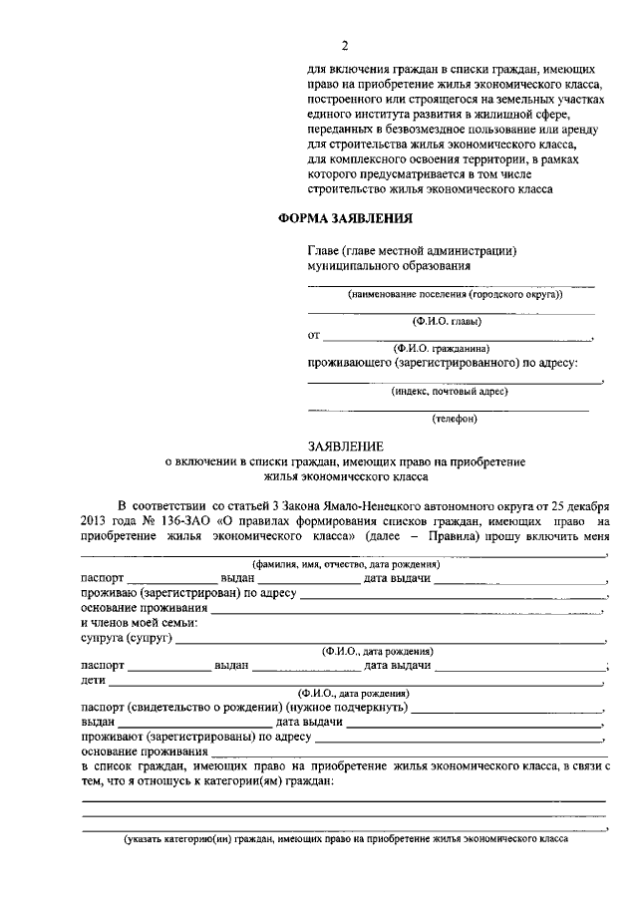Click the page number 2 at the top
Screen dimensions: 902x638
344,46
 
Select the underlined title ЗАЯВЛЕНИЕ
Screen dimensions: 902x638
344,447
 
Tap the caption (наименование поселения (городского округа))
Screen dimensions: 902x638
455,295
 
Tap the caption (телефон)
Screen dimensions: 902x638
454,419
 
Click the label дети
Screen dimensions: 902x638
92,680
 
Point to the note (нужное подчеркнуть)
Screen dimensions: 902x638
345,707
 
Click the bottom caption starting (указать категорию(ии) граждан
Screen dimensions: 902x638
345,839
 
